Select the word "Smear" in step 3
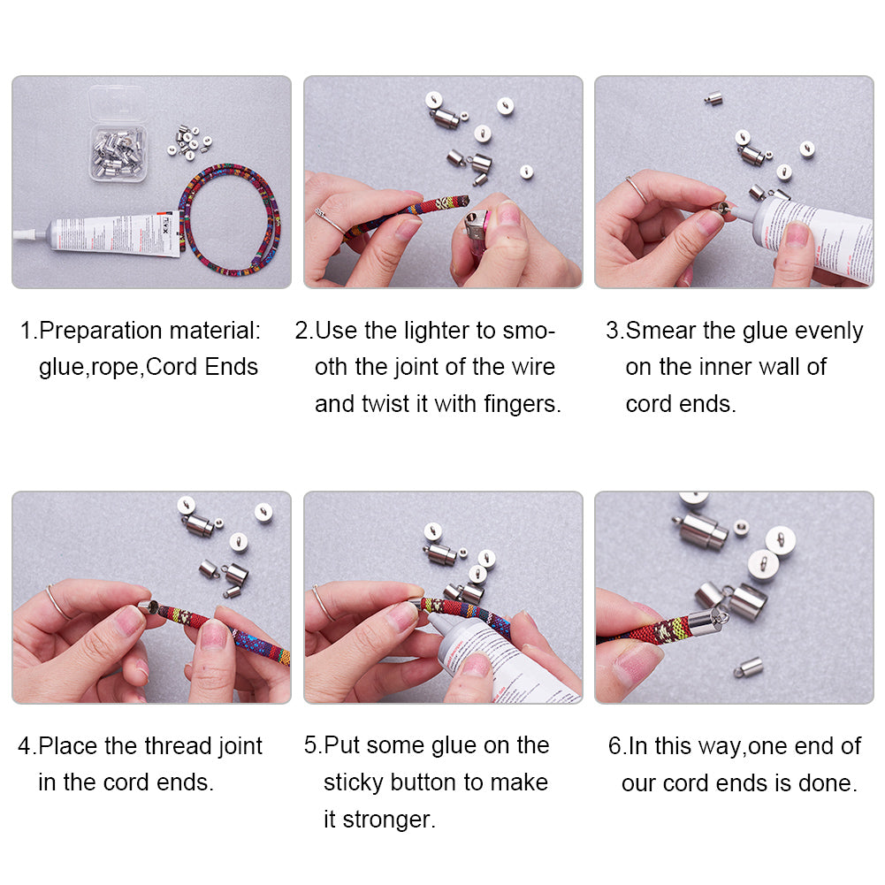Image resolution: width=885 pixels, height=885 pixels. coord(661,331)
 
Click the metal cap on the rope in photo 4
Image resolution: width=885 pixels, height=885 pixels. coord(148,607)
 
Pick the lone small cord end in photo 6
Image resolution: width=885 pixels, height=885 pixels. coord(749,668)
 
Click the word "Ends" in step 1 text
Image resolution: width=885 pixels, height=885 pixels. coord(232,368)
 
